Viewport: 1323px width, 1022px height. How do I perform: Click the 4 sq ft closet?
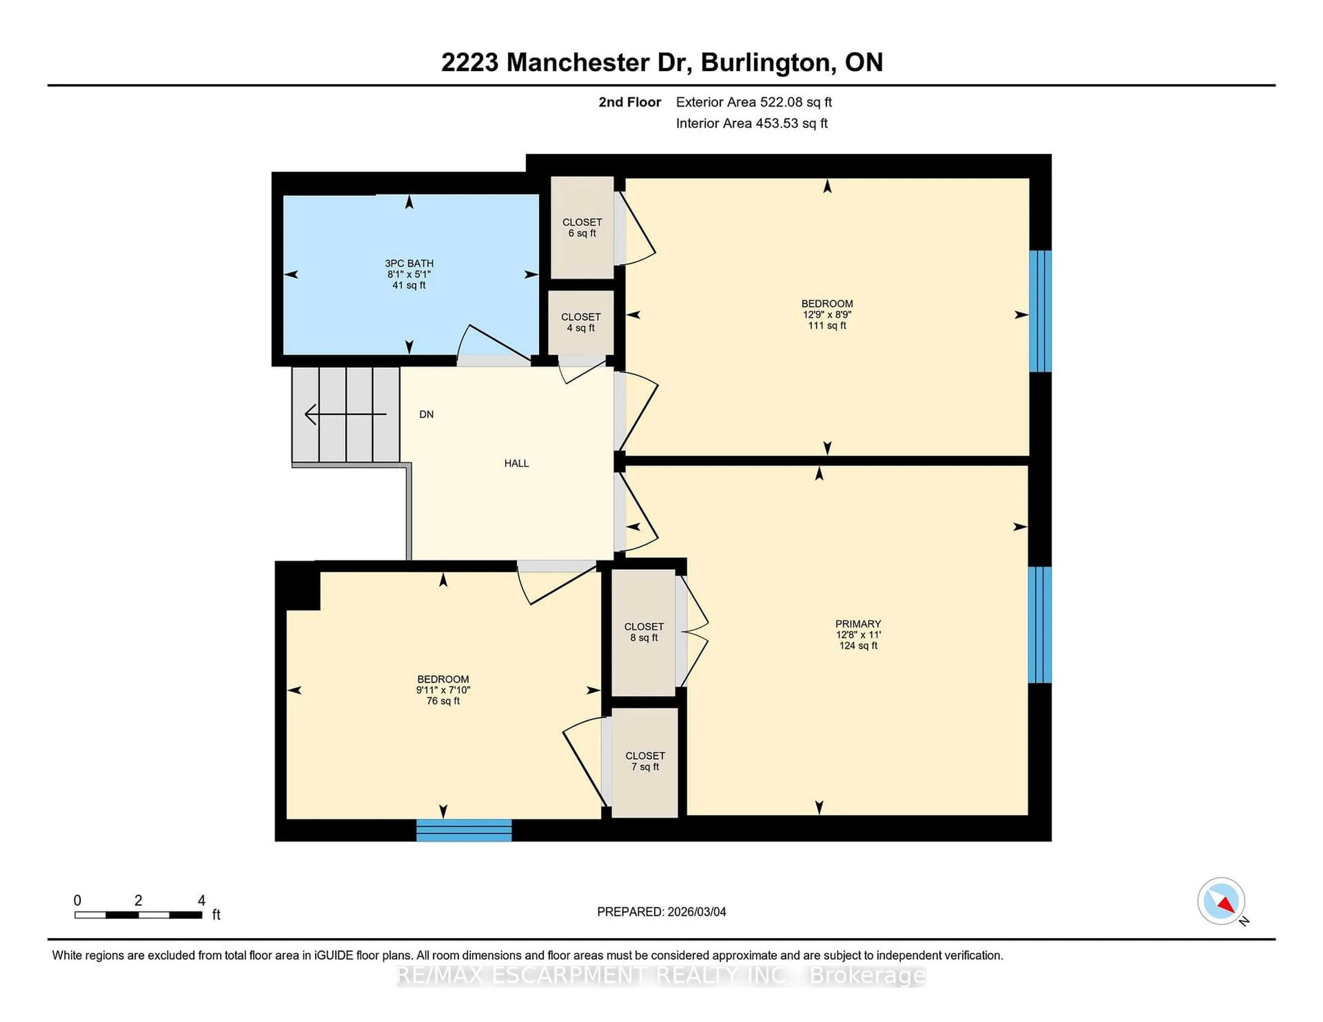pyautogui.click(x=580, y=322)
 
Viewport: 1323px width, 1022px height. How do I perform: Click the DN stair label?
pyautogui.click(x=427, y=415)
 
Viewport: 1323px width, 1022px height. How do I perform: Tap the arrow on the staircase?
pyautogui.click(x=345, y=415)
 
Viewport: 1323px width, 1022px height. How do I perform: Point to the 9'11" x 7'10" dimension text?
pyautogui.click(x=443, y=690)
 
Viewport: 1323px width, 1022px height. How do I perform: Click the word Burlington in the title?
pyautogui.click(x=765, y=62)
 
